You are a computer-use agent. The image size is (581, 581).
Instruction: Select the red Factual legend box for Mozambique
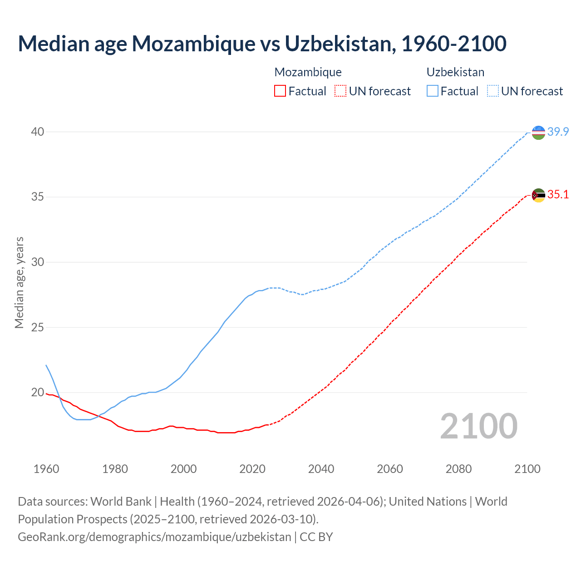pos(280,91)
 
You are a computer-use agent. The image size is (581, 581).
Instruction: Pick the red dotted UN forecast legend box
pos(340,91)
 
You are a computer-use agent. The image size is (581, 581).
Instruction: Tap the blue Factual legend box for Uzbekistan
pos(433,91)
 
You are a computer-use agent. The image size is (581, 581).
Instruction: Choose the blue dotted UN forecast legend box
pos(493,91)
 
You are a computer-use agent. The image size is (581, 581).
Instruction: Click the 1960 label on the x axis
pos(46,469)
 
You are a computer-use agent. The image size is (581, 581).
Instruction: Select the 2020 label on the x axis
pos(252,469)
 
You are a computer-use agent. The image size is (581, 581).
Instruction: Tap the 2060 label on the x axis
pos(390,469)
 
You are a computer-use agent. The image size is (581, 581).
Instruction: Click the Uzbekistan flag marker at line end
pos(538,133)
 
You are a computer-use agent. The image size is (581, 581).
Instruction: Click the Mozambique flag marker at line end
pos(538,195)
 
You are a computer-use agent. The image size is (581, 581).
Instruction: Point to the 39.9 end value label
pos(558,132)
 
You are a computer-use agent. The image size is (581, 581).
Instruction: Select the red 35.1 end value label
pos(558,195)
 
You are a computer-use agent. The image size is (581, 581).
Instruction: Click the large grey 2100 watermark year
pos(479,426)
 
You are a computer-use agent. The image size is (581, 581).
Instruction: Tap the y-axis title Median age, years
pos(19,282)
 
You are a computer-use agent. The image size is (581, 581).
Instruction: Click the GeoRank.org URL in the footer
pos(154,537)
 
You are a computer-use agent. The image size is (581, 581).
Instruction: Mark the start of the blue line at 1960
pos(46,365)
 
